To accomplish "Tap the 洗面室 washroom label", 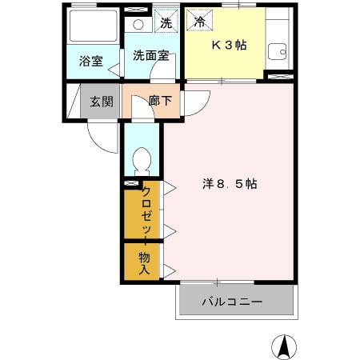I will (x=150, y=56).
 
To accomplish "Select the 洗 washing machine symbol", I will (x=166, y=22).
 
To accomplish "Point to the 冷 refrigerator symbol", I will (x=198, y=22).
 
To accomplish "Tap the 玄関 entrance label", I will (x=101, y=102).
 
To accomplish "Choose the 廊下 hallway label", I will (x=161, y=102).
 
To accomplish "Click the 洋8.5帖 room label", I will (x=229, y=183).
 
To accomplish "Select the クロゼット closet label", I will (x=146, y=210).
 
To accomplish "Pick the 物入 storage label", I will (x=145, y=263).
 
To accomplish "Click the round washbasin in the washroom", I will (x=138, y=24).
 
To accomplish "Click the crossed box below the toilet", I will (x=130, y=184).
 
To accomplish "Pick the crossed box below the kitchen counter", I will (x=278, y=76).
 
